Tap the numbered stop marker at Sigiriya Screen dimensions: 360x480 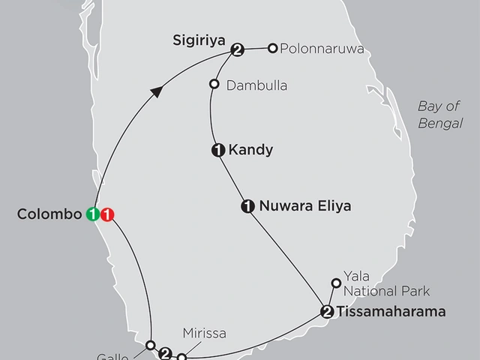coord(238,50)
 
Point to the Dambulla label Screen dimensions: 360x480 coord(256,85)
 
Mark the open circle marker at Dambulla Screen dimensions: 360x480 coord(214,84)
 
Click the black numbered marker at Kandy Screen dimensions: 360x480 coord(218,150)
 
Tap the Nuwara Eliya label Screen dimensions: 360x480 coord(294,205)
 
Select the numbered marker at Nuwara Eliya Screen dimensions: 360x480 coord(247,205)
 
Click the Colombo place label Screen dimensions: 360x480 coord(49,214)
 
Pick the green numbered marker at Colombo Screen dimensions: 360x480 coord(93,214)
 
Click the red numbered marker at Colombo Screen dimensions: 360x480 coord(107,214)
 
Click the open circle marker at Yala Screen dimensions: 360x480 coord(336,283)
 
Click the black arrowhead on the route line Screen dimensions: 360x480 coord(157,91)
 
